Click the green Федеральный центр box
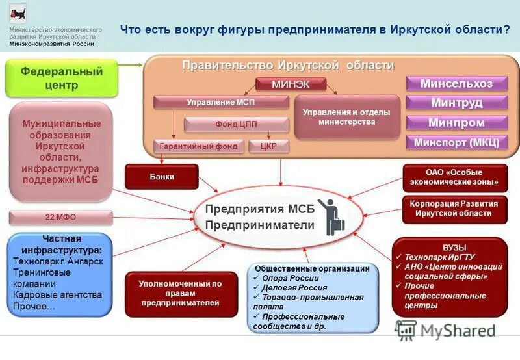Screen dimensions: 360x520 (x=62, y=78)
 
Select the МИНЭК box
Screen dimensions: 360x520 (x=281, y=84)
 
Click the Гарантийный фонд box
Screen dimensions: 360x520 (x=198, y=146)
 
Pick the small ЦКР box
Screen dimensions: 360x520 (x=268, y=146)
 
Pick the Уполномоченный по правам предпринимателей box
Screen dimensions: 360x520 (x=181, y=293)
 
